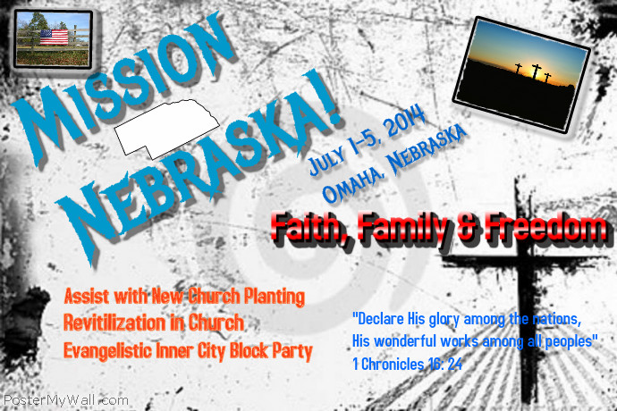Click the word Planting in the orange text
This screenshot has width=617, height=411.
272,295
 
